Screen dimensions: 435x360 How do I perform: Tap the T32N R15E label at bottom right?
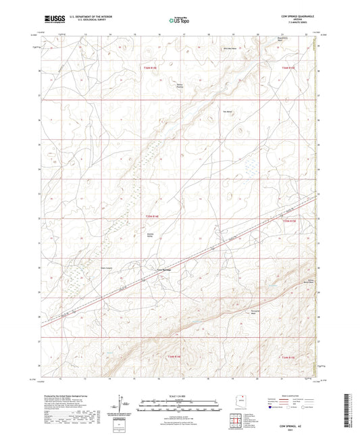pos(288,358)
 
